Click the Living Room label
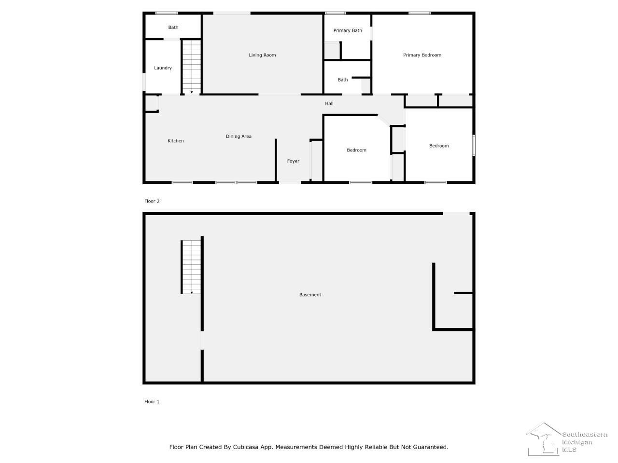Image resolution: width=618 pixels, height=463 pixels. [262, 55]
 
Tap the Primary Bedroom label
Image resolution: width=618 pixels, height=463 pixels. [422, 55]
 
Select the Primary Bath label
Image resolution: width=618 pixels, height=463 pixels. [348, 30]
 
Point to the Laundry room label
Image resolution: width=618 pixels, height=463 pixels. [163, 68]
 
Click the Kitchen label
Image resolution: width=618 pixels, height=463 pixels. [175, 140]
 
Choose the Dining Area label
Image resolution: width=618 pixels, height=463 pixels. [239, 136]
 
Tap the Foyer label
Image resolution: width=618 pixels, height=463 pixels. [293, 161]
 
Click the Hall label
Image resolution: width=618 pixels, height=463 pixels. [329, 103]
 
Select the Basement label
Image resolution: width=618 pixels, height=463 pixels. [309, 294]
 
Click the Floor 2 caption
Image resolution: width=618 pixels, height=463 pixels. [152, 201]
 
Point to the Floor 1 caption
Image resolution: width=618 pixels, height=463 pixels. [152, 401]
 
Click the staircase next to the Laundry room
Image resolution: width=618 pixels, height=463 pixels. [192, 67]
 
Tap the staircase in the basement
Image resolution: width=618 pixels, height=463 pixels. [192, 267]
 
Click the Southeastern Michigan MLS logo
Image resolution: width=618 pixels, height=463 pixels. [566, 439]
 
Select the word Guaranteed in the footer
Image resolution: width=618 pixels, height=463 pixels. [431, 447]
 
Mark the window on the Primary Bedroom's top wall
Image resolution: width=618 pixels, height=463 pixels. [419, 13]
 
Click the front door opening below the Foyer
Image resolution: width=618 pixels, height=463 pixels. [289, 182]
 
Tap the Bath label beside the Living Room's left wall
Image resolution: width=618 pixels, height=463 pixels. [173, 27]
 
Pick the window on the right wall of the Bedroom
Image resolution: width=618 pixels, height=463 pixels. [474, 145]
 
